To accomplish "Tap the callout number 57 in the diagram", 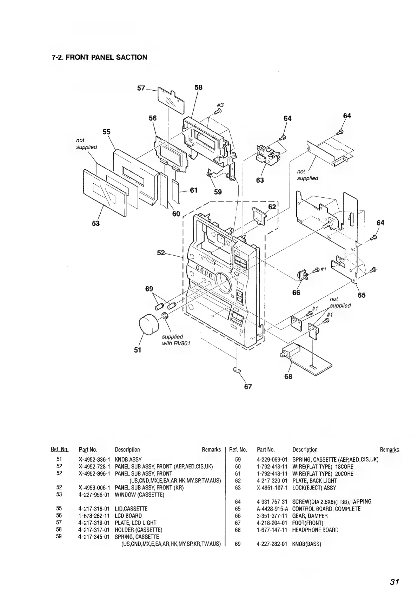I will [x=141, y=88].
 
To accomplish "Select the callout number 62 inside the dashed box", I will [x=272, y=207].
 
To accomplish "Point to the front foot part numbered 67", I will [x=237, y=369].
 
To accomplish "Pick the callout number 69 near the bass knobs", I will [x=149, y=289].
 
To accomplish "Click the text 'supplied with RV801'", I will [x=176, y=340].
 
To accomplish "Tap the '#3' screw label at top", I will [x=220, y=105].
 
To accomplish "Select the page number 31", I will [x=394, y=572].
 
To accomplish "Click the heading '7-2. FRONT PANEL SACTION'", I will [x=99, y=57].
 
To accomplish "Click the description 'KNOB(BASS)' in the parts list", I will [x=306, y=544].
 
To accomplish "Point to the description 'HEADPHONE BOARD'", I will [x=315, y=530].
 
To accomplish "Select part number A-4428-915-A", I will [x=272, y=509].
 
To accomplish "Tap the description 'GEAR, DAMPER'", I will [x=310, y=516].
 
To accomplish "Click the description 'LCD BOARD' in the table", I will [x=128, y=516].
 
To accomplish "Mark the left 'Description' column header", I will [x=127, y=449].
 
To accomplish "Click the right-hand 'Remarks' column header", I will [x=389, y=449].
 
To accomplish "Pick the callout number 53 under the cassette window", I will [x=96, y=223].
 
